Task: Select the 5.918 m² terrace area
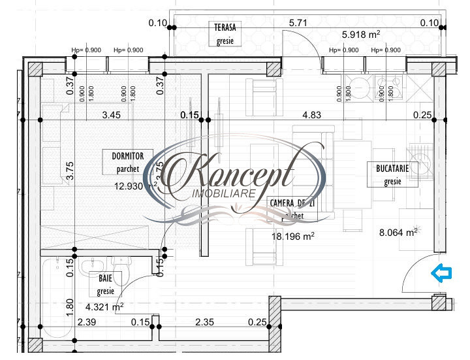click(x=361, y=35)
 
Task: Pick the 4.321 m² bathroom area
click(x=104, y=305)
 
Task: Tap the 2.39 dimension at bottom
click(x=87, y=321)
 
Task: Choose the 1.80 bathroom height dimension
click(x=70, y=306)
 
